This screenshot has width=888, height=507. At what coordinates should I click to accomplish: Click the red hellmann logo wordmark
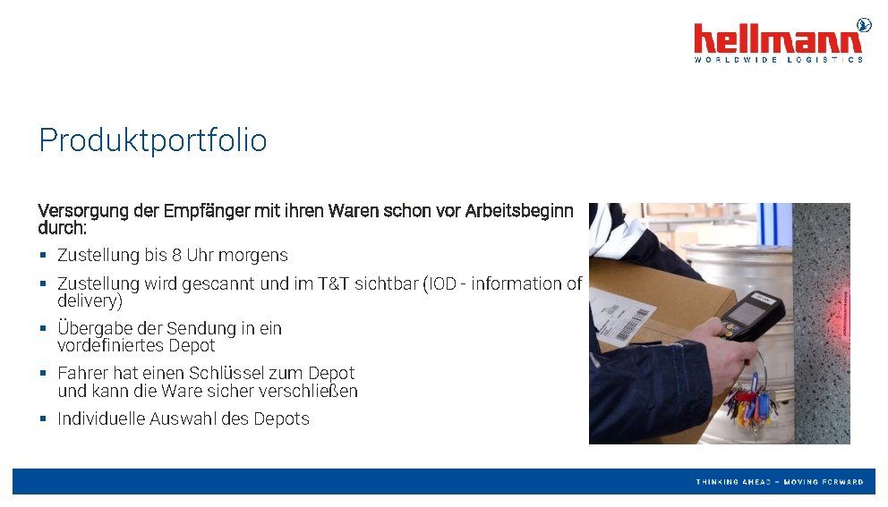coord(777,39)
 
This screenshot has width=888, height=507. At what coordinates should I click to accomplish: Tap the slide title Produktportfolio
coord(152,140)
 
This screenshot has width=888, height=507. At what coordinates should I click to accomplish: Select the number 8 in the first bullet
coord(177,256)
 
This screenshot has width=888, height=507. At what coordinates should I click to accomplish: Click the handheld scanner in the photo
coord(752,317)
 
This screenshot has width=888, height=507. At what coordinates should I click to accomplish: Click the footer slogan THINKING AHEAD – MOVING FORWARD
coord(780,482)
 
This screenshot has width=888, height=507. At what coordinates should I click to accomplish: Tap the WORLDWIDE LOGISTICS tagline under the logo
coord(779,60)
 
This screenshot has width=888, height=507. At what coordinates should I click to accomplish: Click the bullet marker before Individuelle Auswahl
coord(43,418)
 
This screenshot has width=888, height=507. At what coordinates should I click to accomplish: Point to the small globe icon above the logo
coord(864,24)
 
